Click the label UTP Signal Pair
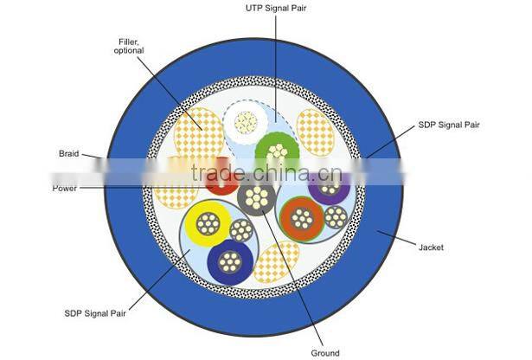coord(275,8)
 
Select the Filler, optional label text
coord(129,46)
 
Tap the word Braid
coord(69,154)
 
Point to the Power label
coord(65,189)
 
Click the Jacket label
coord(431,247)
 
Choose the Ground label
coord(325,353)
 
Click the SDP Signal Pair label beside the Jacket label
coord(449,125)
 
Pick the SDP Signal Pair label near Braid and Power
coord(95,313)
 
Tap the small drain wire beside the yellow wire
coord(241,231)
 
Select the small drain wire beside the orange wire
coord(336,217)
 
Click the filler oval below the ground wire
coord(276,262)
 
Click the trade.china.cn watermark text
coord(266,173)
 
